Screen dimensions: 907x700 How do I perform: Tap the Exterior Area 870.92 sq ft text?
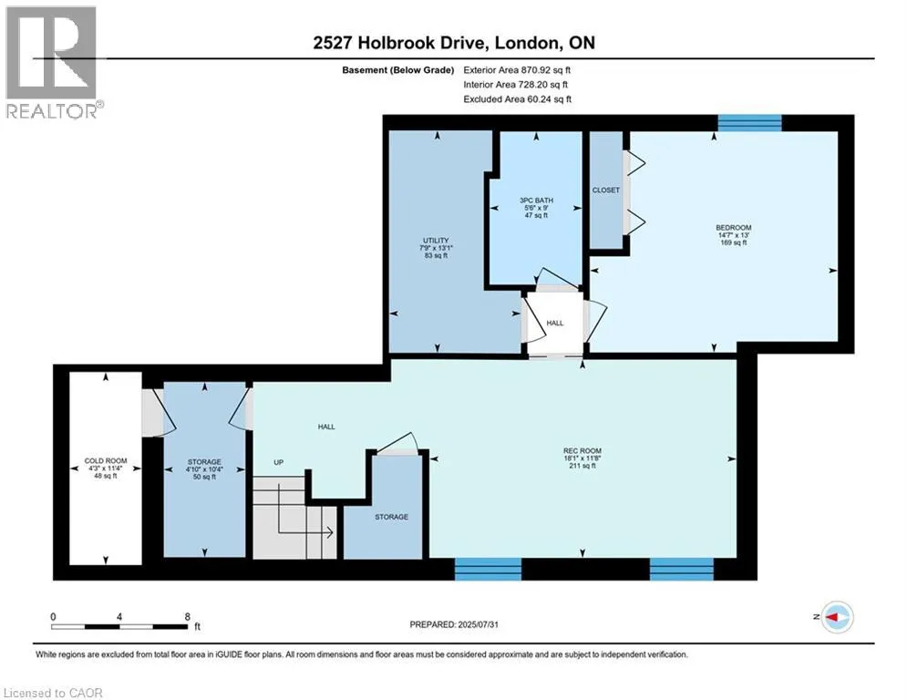coord(517,70)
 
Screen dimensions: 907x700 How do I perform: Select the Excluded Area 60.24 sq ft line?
coord(517,99)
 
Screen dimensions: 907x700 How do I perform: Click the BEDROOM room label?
coord(734,227)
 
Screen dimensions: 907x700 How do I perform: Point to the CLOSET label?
coord(605,190)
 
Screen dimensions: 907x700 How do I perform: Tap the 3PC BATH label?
coord(536,201)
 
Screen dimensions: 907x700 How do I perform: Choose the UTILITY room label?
coord(436,240)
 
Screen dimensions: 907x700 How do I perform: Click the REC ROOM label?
coord(582,450)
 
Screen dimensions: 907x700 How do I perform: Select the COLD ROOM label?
coord(105,461)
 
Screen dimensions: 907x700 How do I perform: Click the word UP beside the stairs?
coord(279,462)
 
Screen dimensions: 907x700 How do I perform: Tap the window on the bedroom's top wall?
coord(749,123)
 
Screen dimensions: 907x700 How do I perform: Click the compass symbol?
coord(838,617)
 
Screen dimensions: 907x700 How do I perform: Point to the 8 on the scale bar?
coord(188,617)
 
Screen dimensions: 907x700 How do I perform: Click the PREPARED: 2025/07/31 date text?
coord(454,624)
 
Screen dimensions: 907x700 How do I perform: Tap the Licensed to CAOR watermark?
coord(53,693)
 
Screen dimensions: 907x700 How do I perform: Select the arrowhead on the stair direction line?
coord(330,532)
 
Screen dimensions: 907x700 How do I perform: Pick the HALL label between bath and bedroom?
coord(555,323)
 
